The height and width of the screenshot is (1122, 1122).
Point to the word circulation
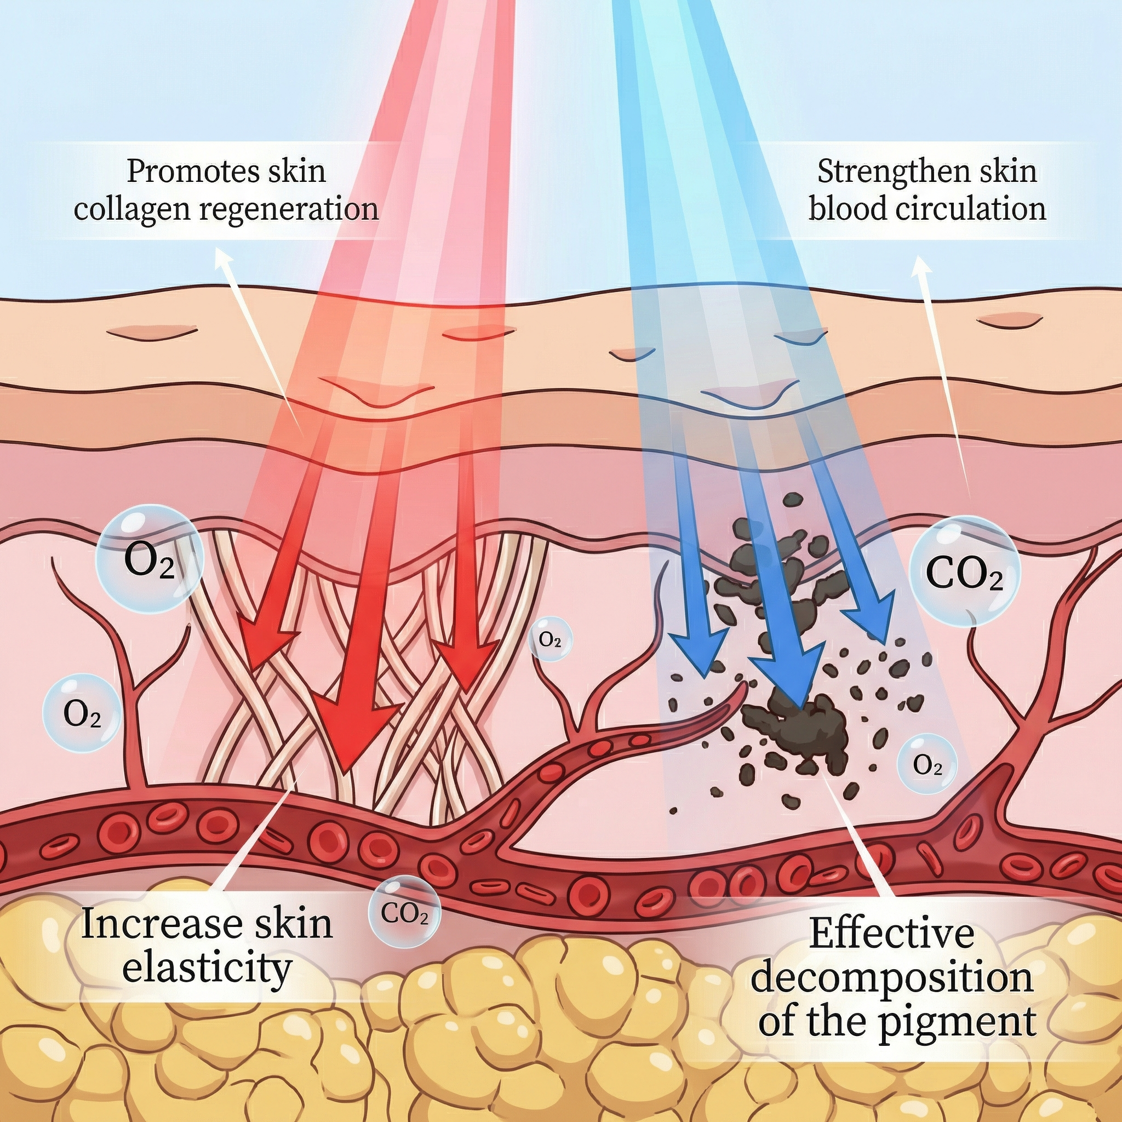[x=970, y=209]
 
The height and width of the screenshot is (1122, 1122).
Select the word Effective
[x=891, y=933]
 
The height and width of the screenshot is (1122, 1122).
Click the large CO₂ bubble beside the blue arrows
[x=964, y=573]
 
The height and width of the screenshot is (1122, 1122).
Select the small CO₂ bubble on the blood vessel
[x=405, y=911]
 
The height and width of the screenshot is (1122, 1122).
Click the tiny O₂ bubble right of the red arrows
[x=550, y=639]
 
